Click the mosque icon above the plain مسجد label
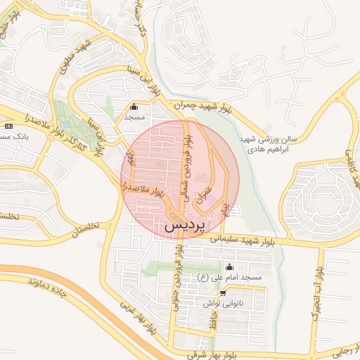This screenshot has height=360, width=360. pos(134,107)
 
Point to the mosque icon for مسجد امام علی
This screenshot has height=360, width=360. pos(229,268)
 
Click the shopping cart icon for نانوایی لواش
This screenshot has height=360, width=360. pos(223,293)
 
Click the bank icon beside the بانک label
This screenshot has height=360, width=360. pos(8,126)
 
